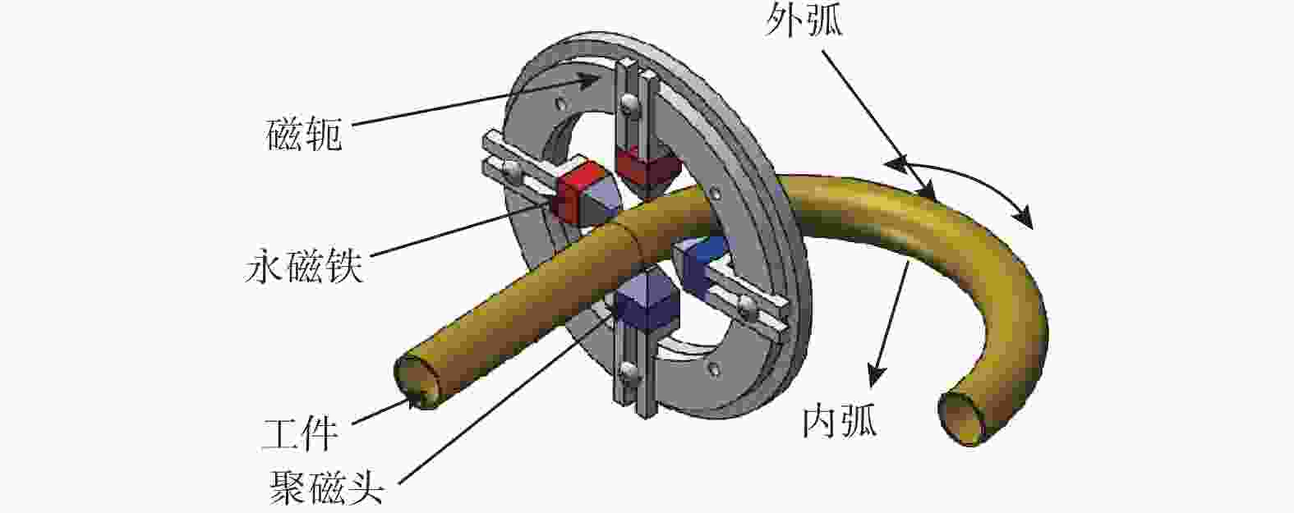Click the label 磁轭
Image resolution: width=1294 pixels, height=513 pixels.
point(305,135)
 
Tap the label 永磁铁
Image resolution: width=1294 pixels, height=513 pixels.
point(304,267)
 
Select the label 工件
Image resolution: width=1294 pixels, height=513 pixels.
point(301,434)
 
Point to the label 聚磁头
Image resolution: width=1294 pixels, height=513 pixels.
point(327,487)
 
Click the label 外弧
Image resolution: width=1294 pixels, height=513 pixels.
point(804,21)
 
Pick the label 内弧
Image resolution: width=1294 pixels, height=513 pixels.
point(840,421)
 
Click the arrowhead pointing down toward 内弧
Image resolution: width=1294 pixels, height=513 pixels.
point(877,375)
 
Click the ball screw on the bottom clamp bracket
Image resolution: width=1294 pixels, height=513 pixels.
point(628,369)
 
